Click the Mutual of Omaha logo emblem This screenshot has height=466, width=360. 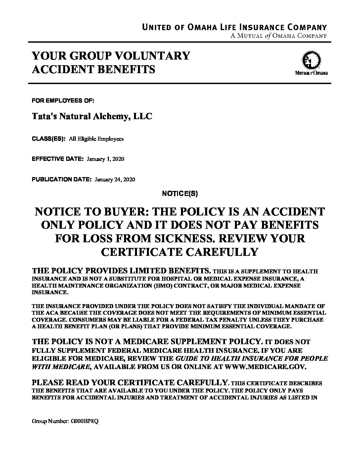click(x=311, y=61)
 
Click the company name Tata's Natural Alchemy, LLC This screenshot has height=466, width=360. click(x=92, y=117)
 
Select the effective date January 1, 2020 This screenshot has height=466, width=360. click(x=105, y=159)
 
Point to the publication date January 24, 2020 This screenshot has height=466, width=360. click(x=115, y=180)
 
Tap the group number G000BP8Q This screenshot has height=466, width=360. click(x=84, y=422)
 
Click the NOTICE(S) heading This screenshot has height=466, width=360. click(x=180, y=194)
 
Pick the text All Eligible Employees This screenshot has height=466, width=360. click(x=96, y=139)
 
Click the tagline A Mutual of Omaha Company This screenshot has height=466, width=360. click(x=279, y=36)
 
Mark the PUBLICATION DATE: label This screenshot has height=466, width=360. click(x=62, y=180)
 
